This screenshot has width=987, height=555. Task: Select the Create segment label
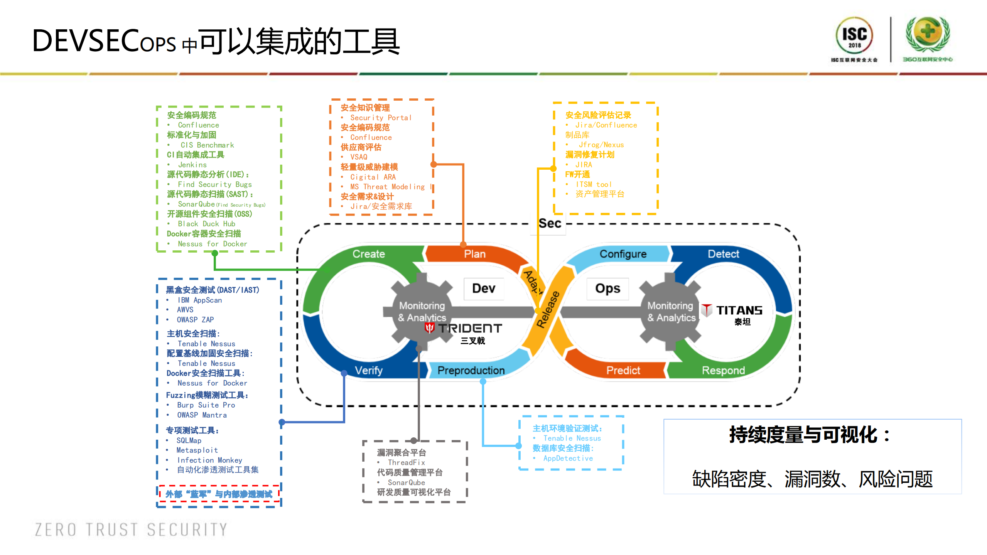point(369,254)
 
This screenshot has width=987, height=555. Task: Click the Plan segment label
point(475,254)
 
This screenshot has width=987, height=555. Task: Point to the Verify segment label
point(369,370)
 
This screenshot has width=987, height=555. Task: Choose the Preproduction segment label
point(471,370)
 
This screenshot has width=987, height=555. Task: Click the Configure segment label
point(623,254)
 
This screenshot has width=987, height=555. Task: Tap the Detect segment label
point(724,254)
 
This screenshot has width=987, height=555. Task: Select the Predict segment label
point(623,370)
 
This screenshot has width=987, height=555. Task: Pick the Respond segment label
point(723,370)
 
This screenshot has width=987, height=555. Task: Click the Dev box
point(484,288)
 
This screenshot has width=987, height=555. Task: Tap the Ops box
point(608,288)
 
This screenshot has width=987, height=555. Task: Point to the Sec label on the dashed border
point(550,223)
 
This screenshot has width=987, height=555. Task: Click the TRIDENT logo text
point(470,328)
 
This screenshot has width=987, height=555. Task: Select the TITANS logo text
point(739,310)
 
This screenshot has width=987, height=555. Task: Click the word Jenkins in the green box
point(192,165)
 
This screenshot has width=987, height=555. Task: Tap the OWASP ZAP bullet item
point(195,319)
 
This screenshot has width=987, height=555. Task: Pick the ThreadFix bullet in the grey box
point(406,462)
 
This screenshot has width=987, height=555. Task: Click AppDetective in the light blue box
point(568,458)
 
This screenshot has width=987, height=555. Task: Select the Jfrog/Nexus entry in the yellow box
point(601,145)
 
